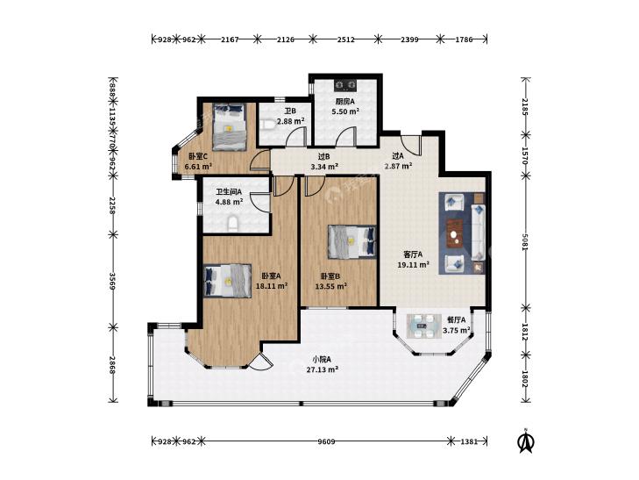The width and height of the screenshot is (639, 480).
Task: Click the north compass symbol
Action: click(x=526, y=441)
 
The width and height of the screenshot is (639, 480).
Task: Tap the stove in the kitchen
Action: click(x=345, y=85)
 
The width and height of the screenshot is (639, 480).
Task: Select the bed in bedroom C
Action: click(x=230, y=127)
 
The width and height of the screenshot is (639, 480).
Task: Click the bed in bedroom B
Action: click(x=352, y=242)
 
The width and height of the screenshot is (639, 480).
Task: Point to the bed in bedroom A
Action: click(x=227, y=281)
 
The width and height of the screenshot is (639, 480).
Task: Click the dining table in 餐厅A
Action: click(x=422, y=326)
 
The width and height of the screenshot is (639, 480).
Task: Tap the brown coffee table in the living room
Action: click(x=454, y=233)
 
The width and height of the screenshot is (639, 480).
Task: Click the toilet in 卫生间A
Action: click(x=232, y=225)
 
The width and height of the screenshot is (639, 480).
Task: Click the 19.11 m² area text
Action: click(x=414, y=265)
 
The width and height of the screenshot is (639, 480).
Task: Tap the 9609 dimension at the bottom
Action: click(x=326, y=441)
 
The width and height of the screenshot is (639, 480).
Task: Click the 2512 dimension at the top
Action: click(x=345, y=39)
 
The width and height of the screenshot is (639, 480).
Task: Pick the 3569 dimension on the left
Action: click(x=113, y=282)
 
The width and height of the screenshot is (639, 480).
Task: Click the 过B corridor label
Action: click(x=324, y=156)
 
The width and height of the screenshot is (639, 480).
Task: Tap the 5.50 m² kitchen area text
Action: click(x=345, y=111)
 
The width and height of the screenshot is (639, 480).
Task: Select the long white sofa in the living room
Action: click(x=479, y=233)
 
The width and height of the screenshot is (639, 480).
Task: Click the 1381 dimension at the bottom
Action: click(x=469, y=441)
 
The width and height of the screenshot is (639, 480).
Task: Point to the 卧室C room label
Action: click(x=198, y=156)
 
